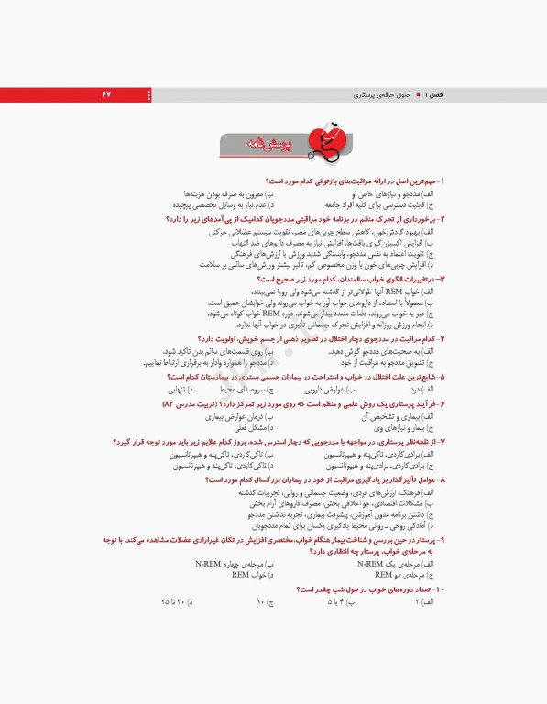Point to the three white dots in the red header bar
point(148,95)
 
